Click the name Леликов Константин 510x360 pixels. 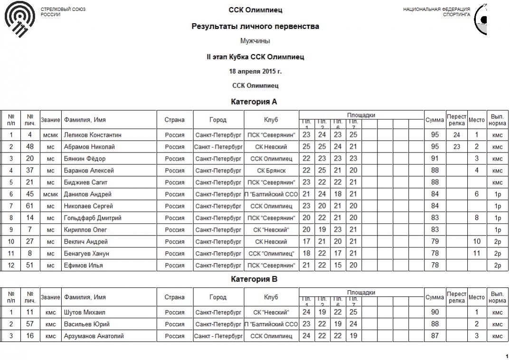click(x=93, y=135)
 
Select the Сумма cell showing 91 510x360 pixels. click(x=434, y=159)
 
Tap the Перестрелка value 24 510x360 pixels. click(x=456, y=135)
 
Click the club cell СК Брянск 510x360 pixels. click(x=271, y=171)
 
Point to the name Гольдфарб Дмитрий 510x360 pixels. click(x=93, y=218)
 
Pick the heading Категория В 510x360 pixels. click(x=254, y=279)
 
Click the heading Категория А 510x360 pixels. click(x=254, y=102)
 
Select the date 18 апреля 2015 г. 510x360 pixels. click(x=255, y=71)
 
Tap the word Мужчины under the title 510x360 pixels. click(x=255, y=41)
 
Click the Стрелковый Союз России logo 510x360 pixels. click(x=19, y=20)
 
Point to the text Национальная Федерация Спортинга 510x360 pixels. click(x=436, y=12)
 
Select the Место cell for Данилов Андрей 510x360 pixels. click(x=477, y=194)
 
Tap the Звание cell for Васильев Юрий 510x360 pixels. click(x=50, y=324)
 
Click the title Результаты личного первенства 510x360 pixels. click(x=255, y=26)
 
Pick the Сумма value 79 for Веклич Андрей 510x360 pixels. click(x=434, y=242)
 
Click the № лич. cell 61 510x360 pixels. click(x=30, y=206)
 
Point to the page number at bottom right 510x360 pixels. click(x=506, y=356)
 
